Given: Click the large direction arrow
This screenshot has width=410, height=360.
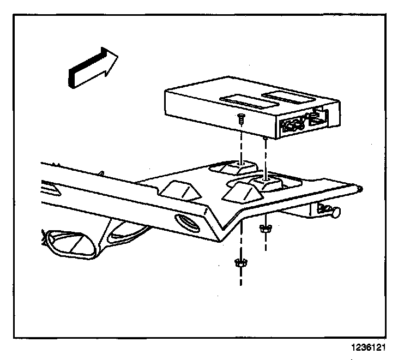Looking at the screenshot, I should (93, 66).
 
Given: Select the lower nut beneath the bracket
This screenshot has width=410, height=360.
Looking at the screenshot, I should (238, 264).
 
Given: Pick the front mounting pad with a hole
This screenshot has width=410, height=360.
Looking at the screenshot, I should (266, 181).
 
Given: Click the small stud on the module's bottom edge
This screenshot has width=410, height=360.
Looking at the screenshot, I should (264, 139).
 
